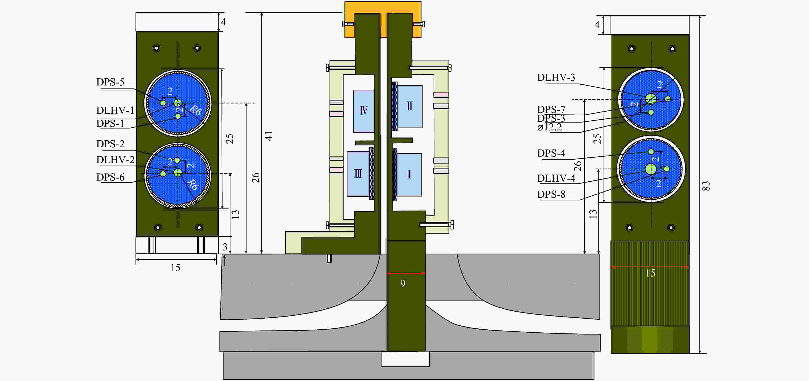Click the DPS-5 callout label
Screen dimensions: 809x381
pyautogui.click(x=110, y=82)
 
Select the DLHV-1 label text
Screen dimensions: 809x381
pyautogui.click(x=115, y=110)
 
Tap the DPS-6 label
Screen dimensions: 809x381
pyautogui.click(x=110, y=177)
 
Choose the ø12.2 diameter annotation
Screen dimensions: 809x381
pyautogui.click(x=549, y=127)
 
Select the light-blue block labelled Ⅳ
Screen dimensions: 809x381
pyautogui.click(x=364, y=111)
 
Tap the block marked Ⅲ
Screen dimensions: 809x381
pyautogui.click(x=358, y=174)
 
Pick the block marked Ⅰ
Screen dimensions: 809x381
pyautogui.click(x=409, y=175)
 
